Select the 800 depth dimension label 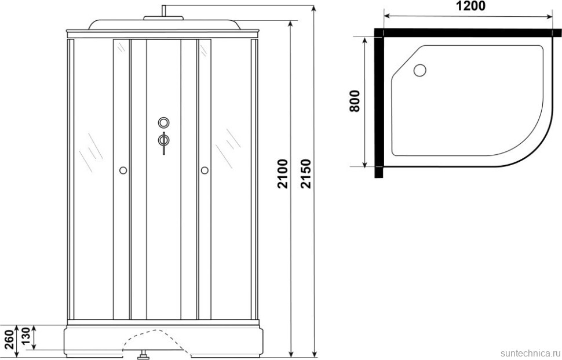[x=355, y=101]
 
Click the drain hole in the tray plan [x=419, y=71]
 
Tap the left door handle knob [x=122, y=170]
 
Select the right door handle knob [x=204, y=170]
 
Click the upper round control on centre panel [x=164, y=123]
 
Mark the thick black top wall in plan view [x=469, y=32]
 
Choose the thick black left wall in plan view [x=378, y=104]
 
